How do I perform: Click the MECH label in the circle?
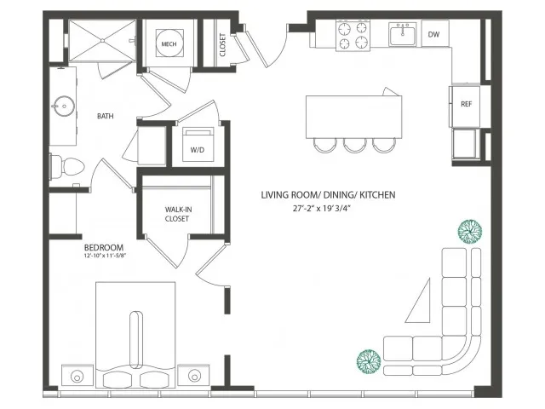(x=169, y=44)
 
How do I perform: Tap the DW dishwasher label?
(x=433, y=34)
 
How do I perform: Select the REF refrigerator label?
(x=466, y=104)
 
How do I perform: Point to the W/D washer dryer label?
(x=197, y=150)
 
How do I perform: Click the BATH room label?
(x=106, y=116)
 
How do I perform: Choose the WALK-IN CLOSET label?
(x=178, y=214)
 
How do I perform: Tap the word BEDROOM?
(x=104, y=248)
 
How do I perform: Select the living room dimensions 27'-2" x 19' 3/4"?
(x=320, y=209)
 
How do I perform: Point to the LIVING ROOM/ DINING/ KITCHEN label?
(x=328, y=195)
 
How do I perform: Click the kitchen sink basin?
(x=402, y=36)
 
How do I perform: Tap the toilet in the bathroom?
(x=67, y=168)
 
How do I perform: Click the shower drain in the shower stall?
(x=102, y=41)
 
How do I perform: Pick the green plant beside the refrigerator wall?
(x=470, y=232)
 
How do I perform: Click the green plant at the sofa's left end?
(x=369, y=361)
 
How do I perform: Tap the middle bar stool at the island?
(x=354, y=146)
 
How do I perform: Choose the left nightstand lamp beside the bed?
(x=77, y=376)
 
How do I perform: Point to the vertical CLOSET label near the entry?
(x=222, y=45)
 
